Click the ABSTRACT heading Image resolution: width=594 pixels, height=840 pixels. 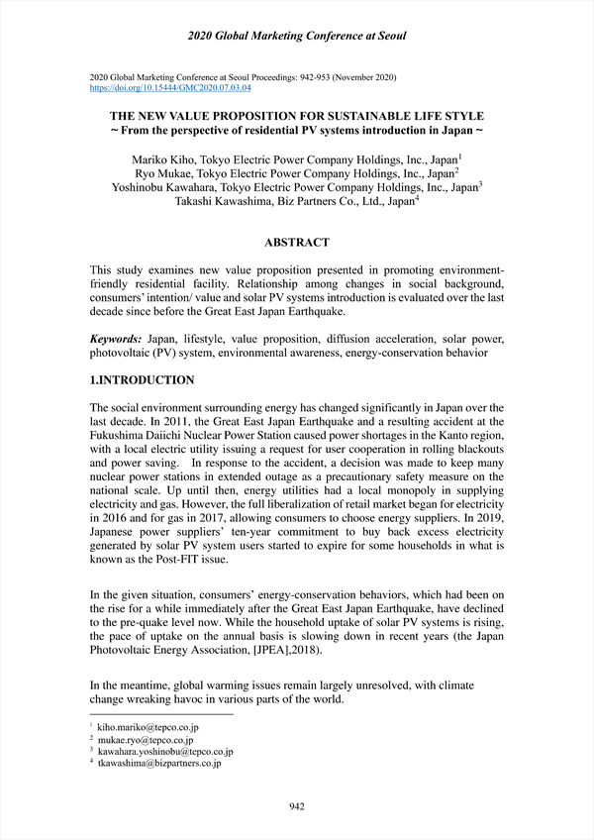(297, 243)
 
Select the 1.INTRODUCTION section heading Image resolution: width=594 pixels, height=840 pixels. (142, 380)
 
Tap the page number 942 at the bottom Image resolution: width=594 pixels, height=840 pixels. (296, 806)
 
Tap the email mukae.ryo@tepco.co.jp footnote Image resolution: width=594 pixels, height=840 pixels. (145, 739)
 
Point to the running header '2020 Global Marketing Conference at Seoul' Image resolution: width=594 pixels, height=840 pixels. (297, 37)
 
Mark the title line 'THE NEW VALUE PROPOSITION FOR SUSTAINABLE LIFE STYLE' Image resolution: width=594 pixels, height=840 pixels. (297, 116)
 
